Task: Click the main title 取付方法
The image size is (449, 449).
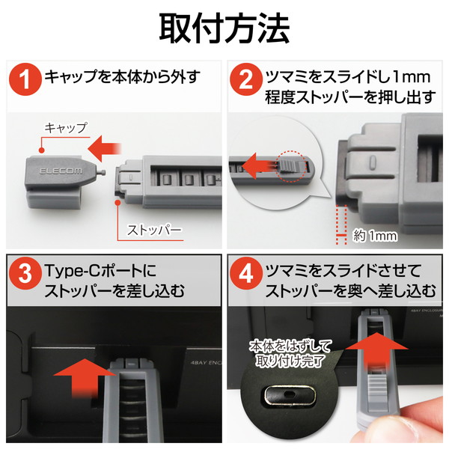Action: pyautogui.click(x=224, y=28)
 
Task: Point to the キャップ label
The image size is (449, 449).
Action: pyautogui.click(x=66, y=128)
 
